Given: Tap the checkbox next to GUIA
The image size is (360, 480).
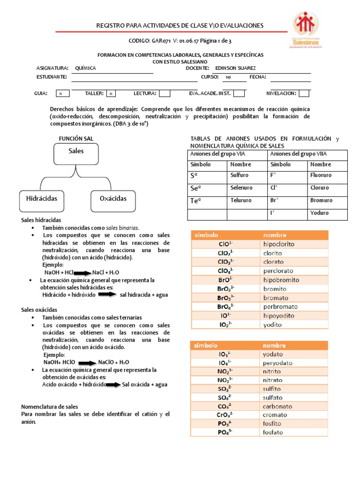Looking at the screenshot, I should point(60,94).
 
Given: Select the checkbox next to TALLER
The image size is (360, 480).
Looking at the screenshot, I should point(111,94).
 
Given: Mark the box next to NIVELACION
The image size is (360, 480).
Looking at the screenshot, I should point(304,93).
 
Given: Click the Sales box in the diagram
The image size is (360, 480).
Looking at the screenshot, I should point(76,151).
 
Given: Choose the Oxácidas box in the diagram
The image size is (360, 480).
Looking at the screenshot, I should point(113,199).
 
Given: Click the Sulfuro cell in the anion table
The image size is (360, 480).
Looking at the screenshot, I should point(247,175).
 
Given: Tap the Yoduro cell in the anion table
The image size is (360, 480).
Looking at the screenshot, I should point(327,213).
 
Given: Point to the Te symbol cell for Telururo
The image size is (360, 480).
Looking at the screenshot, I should point(207,201).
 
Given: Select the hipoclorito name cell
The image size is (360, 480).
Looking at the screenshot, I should point(293,244).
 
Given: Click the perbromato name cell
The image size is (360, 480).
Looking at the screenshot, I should point(293,307).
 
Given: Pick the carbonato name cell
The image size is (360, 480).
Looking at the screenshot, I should point(293,406).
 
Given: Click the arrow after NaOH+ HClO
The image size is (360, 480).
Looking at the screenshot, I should point(87,362).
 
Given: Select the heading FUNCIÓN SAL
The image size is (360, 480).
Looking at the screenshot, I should point(75,138).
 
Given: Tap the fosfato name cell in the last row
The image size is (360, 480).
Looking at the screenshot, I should point(293,432).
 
